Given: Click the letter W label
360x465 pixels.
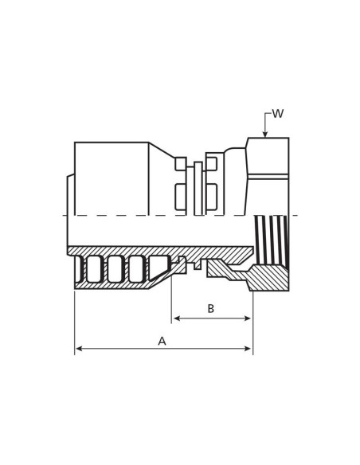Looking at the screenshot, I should [x=277, y=115].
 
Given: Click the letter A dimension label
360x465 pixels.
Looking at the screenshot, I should [x=162, y=341].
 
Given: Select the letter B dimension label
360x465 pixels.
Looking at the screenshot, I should [x=210, y=309].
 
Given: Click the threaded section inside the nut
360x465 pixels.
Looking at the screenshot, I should [x=270, y=239].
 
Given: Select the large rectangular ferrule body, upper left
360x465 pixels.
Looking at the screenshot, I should [x=112, y=178].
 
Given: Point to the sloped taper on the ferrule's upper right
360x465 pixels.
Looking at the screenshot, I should [x=161, y=157].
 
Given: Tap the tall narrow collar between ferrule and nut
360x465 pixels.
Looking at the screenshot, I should [x=198, y=188].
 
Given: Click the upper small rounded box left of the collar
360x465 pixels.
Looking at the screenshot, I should [x=181, y=164].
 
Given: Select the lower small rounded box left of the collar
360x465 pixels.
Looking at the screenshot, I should [x=181, y=197].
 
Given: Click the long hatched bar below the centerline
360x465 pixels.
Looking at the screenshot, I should [x=159, y=251].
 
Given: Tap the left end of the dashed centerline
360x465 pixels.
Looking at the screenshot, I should [x=65, y=215].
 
